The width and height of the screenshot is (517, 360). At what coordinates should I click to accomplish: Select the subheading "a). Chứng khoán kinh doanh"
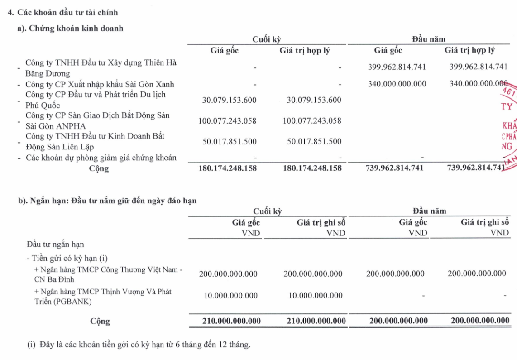click(x=70, y=28)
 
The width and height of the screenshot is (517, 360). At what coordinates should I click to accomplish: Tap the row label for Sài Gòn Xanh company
click(x=100, y=84)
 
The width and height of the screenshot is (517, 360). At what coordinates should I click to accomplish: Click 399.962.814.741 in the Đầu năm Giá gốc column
click(x=397, y=67)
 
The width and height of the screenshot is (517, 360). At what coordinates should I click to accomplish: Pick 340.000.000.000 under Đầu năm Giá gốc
click(x=397, y=84)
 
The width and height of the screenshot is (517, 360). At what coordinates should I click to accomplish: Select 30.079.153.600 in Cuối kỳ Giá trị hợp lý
click(x=314, y=100)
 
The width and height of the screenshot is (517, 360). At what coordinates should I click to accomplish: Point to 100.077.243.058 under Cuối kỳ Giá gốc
click(x=227, y=121)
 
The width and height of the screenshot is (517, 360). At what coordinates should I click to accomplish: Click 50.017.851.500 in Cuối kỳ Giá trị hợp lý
click(x=314, y=141)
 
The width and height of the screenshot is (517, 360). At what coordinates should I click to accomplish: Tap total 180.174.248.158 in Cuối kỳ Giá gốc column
click(x=227, y=168)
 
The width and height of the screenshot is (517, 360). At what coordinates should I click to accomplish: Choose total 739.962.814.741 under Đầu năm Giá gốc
click(x=397, y=168)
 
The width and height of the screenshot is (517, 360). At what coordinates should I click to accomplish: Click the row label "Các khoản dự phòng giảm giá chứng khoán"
click(x=101, y=158)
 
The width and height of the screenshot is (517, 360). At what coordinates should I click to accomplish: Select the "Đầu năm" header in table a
click(x=429, y=39)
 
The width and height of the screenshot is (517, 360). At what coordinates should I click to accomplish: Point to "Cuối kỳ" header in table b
click(x=267, y=211)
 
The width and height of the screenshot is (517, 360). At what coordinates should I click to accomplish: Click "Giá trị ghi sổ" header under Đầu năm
click(x=484, y=222)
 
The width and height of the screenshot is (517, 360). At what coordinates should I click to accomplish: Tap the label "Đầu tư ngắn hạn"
click(x=55, y=245)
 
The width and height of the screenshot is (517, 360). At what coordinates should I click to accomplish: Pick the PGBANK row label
click(x=103, y=296)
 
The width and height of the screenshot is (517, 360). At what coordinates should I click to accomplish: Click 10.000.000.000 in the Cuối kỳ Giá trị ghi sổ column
click(x=314, y=296)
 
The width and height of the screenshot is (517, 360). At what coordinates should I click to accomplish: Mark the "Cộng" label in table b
click(x=100, y=322)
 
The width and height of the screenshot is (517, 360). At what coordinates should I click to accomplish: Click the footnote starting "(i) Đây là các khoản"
click(x=139, y=345)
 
